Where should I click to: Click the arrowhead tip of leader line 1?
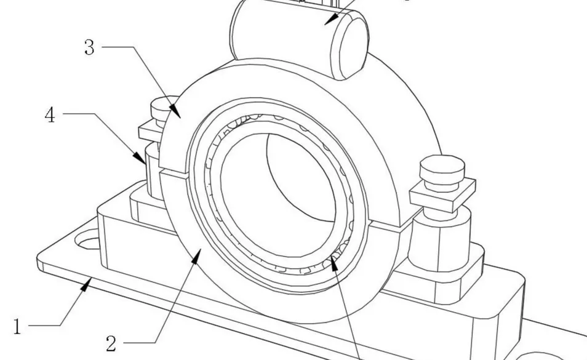[x=91, y=278]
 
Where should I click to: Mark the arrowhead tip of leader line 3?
[x=181, y=119]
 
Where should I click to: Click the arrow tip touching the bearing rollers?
[x=331, y=256]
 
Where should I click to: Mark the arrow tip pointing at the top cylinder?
[x=324, y=25]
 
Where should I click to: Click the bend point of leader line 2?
[x=155, y=342]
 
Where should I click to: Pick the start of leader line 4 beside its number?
[x=63, y=113]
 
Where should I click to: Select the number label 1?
[x=17, y=327]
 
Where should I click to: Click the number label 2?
[x=111, y=343]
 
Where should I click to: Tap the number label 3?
[x=89, y=47]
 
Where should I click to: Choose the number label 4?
[x=50, y=115]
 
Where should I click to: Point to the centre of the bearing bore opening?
[x=279, y=194]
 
